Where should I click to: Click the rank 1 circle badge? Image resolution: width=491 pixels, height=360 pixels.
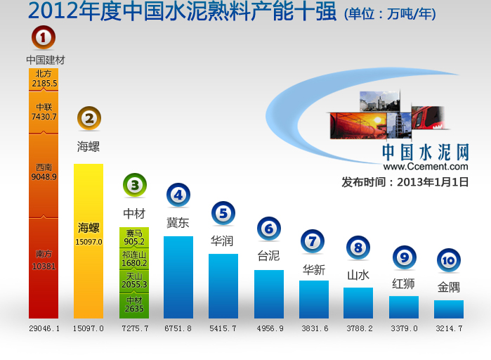(44, 37)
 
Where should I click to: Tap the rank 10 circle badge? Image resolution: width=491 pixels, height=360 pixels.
(449, 261)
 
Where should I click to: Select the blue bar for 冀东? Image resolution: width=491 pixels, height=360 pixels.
(178, 277)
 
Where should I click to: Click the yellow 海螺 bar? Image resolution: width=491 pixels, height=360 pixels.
(89, 241)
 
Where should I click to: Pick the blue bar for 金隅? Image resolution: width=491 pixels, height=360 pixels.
(449, 309)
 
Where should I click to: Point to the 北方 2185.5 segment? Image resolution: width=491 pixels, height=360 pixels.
(44, 78)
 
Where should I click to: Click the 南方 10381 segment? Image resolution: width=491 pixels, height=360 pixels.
(44, 267)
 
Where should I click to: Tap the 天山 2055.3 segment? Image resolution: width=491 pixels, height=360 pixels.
(133, 281)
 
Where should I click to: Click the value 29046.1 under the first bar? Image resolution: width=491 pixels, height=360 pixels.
(44, 328)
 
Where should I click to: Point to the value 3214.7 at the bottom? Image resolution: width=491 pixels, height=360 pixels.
(449, 328)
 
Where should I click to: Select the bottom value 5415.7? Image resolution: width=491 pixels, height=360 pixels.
(223, 328)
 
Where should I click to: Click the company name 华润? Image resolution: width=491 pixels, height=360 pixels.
(222, 240)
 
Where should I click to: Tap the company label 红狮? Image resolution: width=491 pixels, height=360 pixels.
(403, 284)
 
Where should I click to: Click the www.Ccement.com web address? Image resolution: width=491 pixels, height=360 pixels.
(426, 167)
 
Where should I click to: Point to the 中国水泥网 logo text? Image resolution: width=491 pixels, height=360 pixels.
(425, 152)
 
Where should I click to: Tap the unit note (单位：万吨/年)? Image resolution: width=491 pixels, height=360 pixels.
(395, 13)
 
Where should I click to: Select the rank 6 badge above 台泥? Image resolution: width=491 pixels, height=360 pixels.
(269, 228)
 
